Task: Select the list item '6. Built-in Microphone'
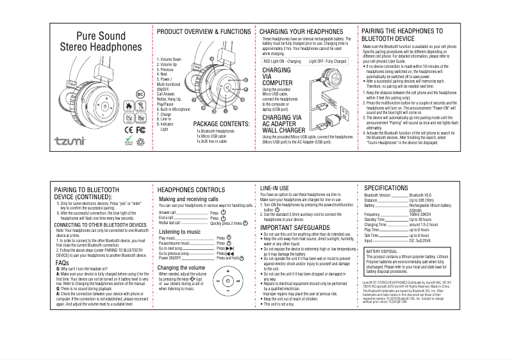tap(174, 110)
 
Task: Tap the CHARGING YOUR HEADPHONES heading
tap(301, 31)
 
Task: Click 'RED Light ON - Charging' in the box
tap(283, 61)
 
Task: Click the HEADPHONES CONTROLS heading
tap(191, 190)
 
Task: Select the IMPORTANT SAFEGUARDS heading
tap(295, 228)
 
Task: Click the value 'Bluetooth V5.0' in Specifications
tap(423, 194)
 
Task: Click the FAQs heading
tap(62, 263)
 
